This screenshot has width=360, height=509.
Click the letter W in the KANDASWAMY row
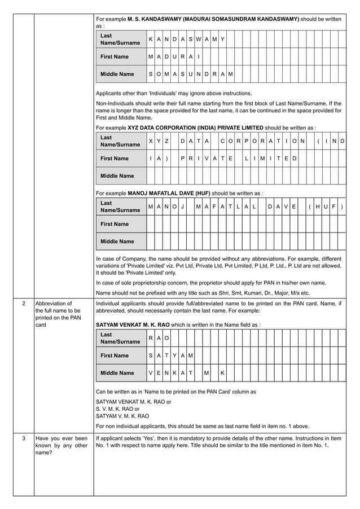199,40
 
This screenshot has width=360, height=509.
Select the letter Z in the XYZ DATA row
167,141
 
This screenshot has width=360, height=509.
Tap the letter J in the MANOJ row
183,207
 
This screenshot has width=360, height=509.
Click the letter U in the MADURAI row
175,57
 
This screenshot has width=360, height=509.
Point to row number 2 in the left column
23,304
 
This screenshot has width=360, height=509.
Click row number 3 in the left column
23,438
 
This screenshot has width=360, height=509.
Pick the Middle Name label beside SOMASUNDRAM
117,74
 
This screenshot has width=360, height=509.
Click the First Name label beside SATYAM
114,356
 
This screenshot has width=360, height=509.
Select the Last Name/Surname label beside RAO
120,338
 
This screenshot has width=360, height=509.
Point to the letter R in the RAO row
151,338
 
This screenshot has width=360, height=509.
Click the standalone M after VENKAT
207,373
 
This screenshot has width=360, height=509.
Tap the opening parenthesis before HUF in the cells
310,207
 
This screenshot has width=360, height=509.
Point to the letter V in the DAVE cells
286,207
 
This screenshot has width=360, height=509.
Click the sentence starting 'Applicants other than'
174,93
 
